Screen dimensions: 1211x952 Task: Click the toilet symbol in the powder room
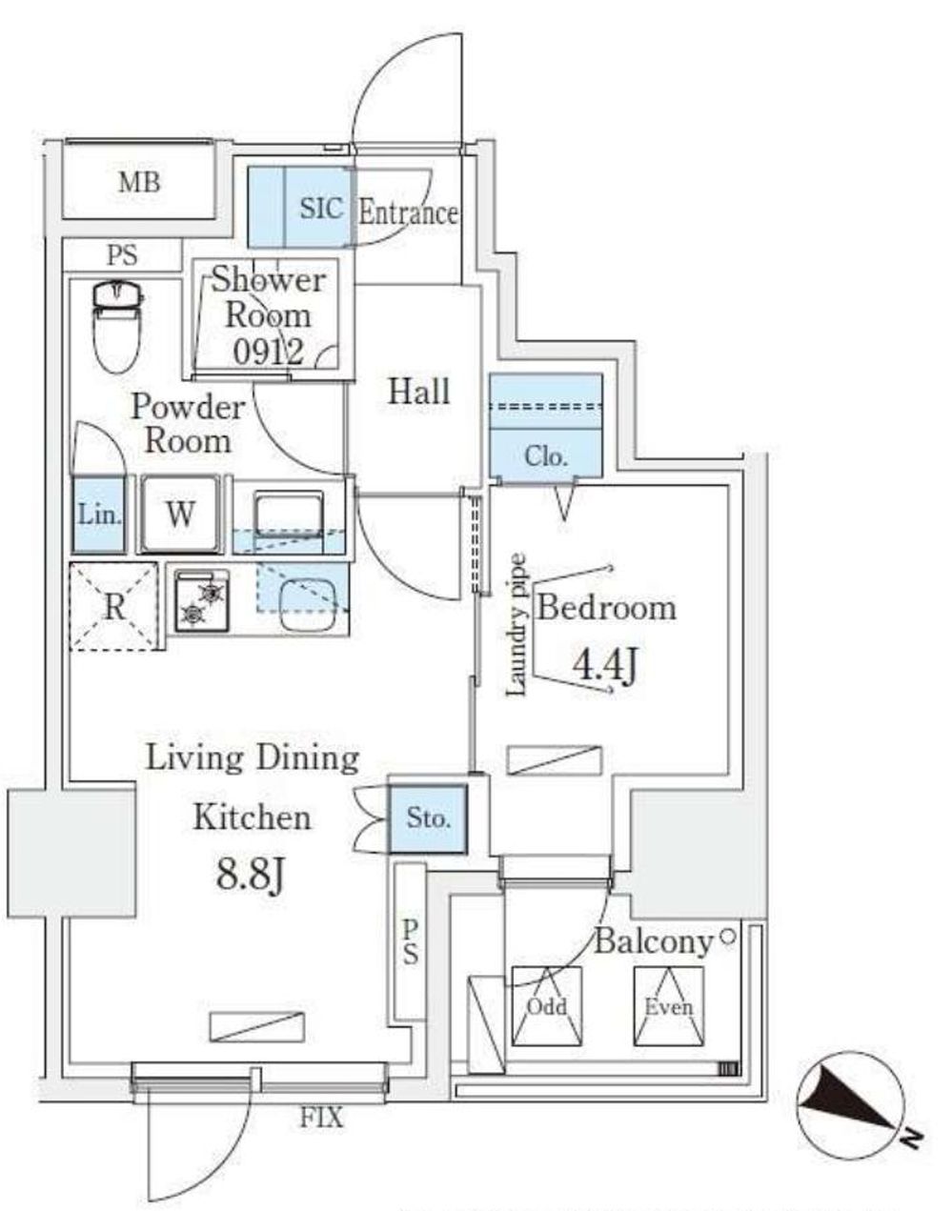116,325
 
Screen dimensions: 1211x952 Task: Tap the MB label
139,182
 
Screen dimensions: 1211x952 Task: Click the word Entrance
408,212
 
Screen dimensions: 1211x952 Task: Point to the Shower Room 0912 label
267,315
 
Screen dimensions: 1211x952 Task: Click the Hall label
418,391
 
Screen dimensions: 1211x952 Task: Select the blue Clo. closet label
546,456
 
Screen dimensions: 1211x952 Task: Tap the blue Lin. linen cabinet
99,515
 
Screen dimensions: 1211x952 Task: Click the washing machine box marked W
180,515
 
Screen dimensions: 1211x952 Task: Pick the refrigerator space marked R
113,607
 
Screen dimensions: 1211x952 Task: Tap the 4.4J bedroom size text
603,664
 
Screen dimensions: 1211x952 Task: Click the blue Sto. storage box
428,817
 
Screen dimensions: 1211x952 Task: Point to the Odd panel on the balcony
547,1006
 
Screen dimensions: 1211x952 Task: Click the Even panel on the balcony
668,1006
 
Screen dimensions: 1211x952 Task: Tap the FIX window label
322,1118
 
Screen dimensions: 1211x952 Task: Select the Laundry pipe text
517,625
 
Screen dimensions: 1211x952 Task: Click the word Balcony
654,941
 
